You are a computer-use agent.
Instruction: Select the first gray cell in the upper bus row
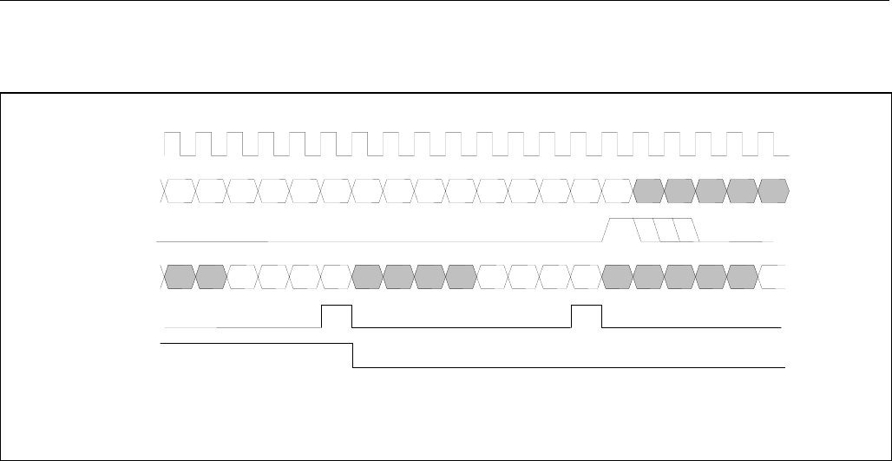(649, 189)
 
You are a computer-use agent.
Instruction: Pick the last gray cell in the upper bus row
(773, 189)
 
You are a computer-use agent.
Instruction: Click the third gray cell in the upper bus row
(712, 189)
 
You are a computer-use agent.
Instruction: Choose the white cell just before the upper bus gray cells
(617, 189)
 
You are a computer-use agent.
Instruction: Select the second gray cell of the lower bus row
(211, 276)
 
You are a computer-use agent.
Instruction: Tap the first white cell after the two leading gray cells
(243, 276)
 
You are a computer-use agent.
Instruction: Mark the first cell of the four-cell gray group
(368, 276)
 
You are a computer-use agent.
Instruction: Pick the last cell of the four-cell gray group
(462, 276)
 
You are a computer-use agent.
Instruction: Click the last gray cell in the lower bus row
(743, 276)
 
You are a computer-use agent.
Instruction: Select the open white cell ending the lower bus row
(774, 276)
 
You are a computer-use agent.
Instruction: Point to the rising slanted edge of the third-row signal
(608, 229)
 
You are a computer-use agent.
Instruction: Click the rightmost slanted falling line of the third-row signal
(696, 229)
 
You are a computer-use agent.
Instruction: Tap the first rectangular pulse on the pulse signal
(337, 316)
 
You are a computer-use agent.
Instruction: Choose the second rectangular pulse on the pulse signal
(587, 316)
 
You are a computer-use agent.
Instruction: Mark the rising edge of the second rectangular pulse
(572, 316)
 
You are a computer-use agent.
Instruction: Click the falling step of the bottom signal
(352, 356)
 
